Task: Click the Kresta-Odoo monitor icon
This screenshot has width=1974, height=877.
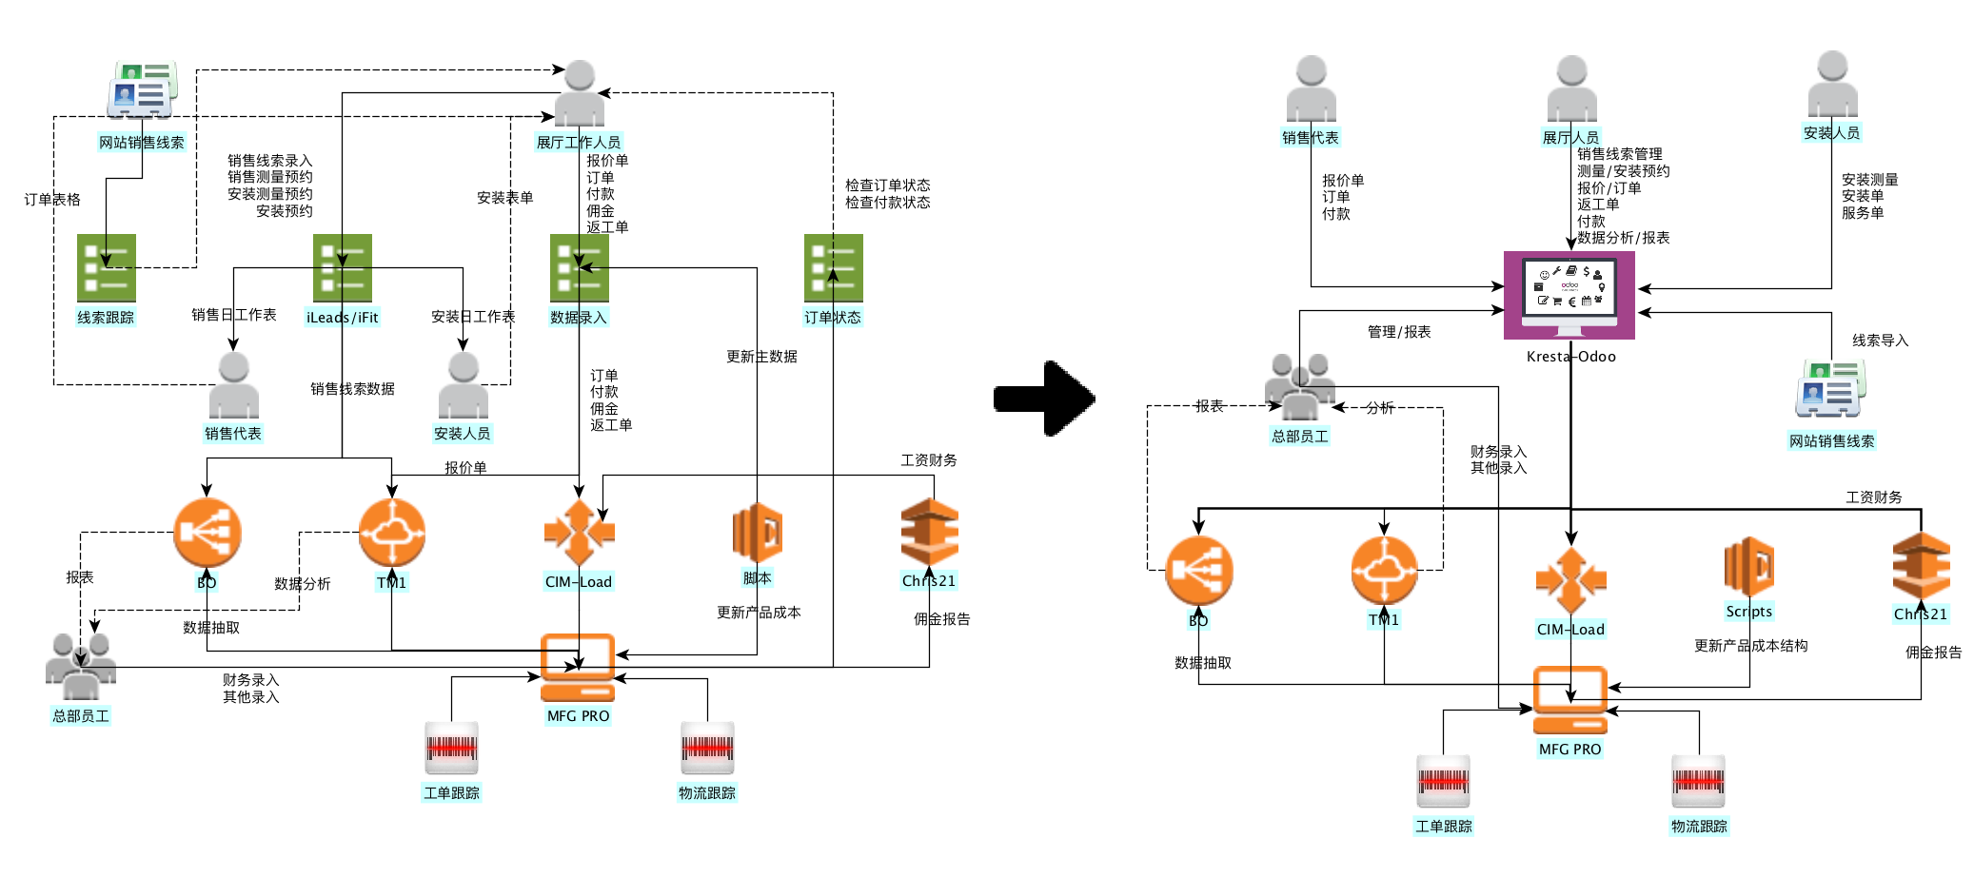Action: click(x=1569, y=295)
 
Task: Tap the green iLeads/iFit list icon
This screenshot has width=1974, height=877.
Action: click(x=342, y=267)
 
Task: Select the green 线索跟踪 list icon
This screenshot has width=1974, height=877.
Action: click(x=106, y=267)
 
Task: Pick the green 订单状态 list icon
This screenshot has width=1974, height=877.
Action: click(x=833, y=267)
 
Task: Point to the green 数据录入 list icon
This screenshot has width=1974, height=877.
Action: click(x=579, y=267)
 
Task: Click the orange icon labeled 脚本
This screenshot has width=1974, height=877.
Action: click(x=758, y=533)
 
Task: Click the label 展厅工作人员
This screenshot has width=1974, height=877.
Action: click(x=579, y=143)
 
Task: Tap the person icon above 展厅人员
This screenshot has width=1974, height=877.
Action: click(x=1571, y=89)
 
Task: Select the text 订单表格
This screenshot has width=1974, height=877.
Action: click(x=52, y=200)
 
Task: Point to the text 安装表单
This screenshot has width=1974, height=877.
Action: click(x=504, y=198)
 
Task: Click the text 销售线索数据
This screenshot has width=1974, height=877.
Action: click(x=352, y=389)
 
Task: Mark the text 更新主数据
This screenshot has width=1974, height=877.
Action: click(x=761, y=357)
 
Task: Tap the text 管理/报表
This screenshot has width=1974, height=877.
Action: click(x=1399, y=332)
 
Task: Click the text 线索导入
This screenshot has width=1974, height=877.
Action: click(x=1880, y=341)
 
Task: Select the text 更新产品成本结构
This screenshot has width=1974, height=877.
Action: click(x=1750, y=646)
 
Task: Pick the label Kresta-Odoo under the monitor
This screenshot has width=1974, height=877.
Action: click(x=1570, y=357)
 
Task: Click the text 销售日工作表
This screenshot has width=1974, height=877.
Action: click(x=233, y=315)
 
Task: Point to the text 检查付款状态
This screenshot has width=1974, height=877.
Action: click(x=887, y=203)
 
